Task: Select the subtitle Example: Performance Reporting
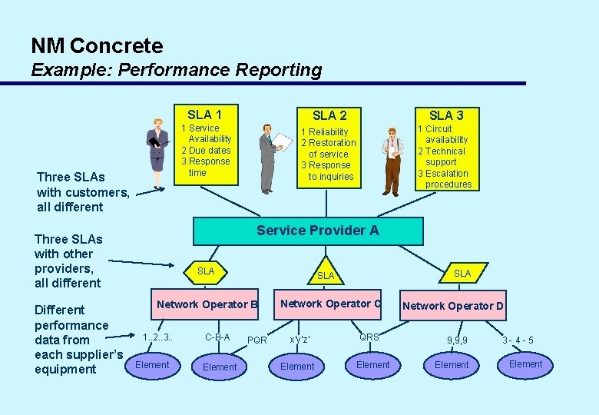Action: pyautogui.click(x=176, y=70)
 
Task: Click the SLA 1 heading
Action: pyautogui.click(x=204, y=114)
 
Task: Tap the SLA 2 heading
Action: pyautogui.click(x=329, y=115)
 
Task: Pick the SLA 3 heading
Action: pyautogui.click(x=445, y=115)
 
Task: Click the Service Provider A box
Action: pyautogui.click(x=307, y=231)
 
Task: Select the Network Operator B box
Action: pyautogui.click(x=207, y=304)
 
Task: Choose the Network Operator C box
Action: pyautogui.click(x=330, y=304)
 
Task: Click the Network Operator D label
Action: pyautogui.click(x=453, y=306)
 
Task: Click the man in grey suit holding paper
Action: pyautogui.click(x=270, y=157)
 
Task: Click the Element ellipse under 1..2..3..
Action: pyautogui.click(x=152, y=365)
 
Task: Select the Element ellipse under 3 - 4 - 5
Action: pyautogui.click(x=525, y=364)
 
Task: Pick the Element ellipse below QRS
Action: pyautogui.click(x=373, y=365)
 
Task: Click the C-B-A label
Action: pyautogui.click(x=217, y=337)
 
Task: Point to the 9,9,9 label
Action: pyautogui.click(x=457, y=340)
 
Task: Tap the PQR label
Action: pyautogui.click(x=257, y=340)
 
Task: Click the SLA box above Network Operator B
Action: pyautogui.click(x=206, y=271)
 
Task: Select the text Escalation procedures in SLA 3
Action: pyautogui.click(x=447, y=179)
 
